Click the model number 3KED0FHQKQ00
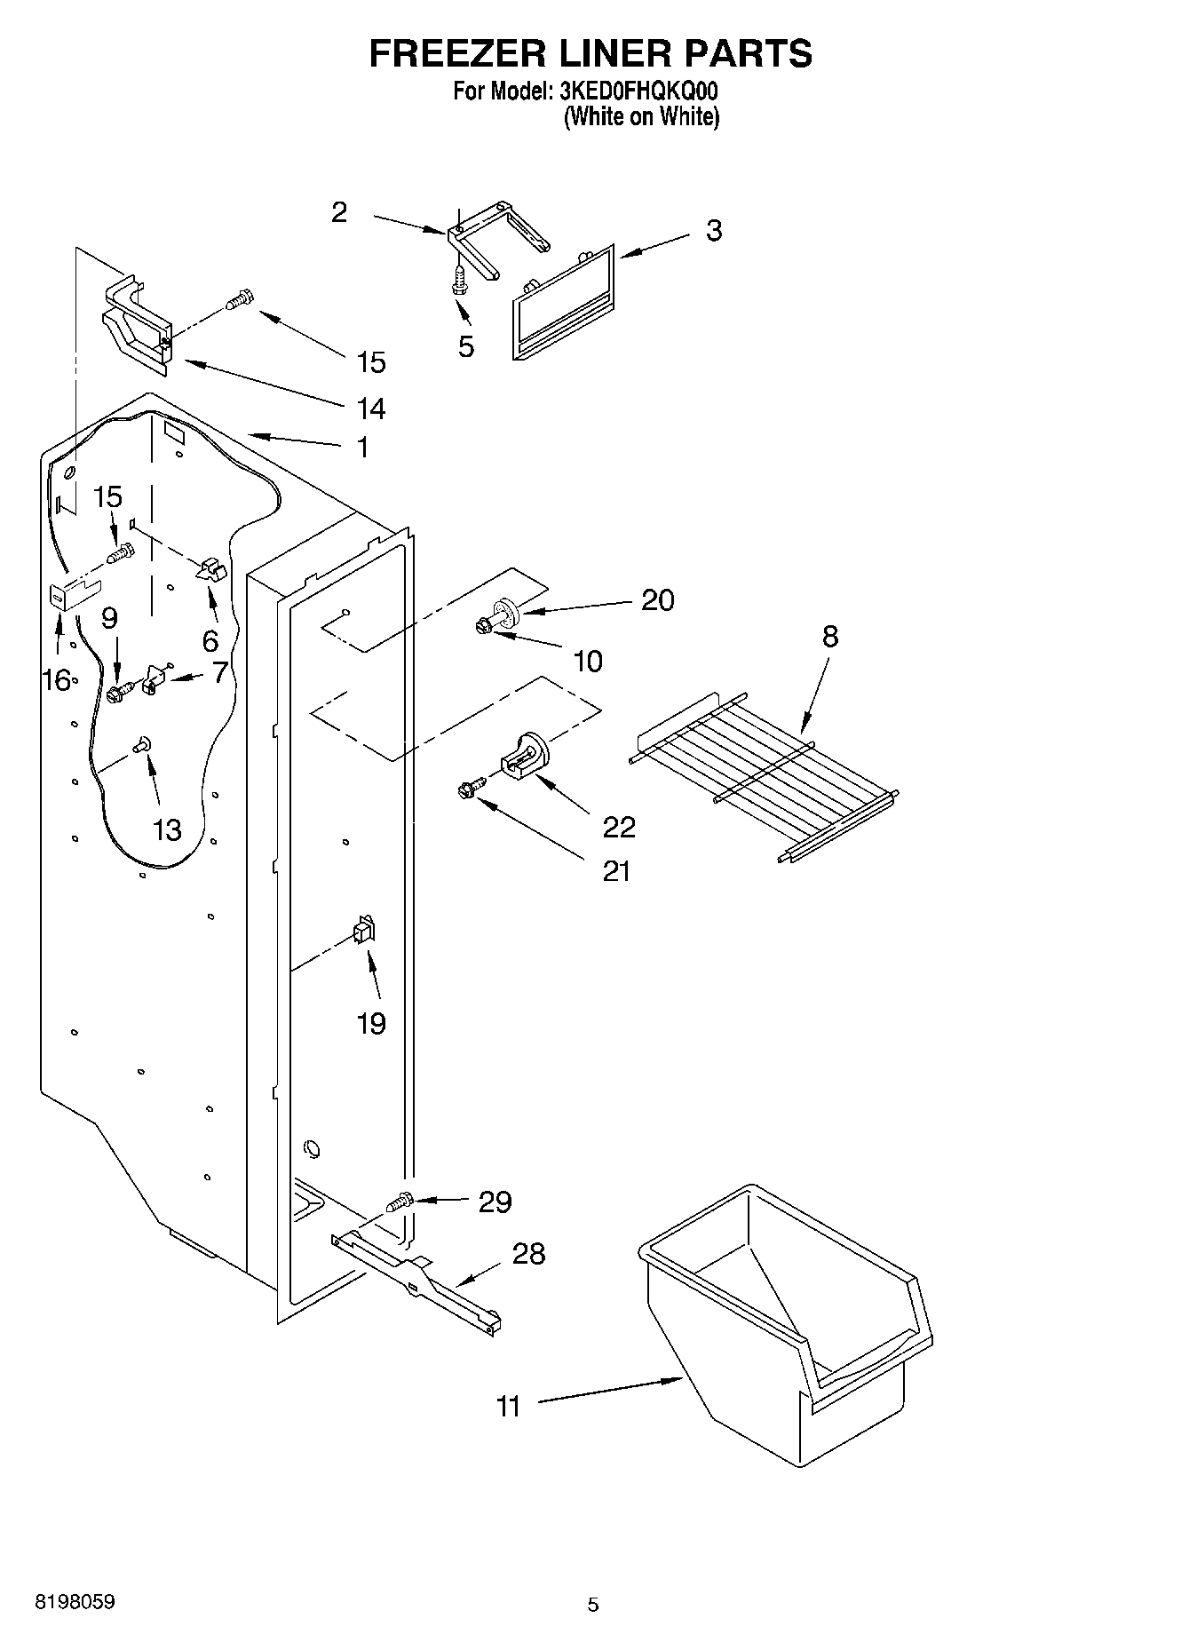click(638, 91)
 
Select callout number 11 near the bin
click(508, 1407)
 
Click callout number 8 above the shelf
click(829, 637)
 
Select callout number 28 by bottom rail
click(528, 1254)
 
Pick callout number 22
click(618, 827)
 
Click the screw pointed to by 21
click(470, 786)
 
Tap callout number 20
click(657, 600)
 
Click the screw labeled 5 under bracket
click(459, 282)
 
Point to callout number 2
click(339, 212)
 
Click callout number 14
click(371, 409)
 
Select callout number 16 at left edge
click(55, 680)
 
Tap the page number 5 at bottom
click(592, 1604)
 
